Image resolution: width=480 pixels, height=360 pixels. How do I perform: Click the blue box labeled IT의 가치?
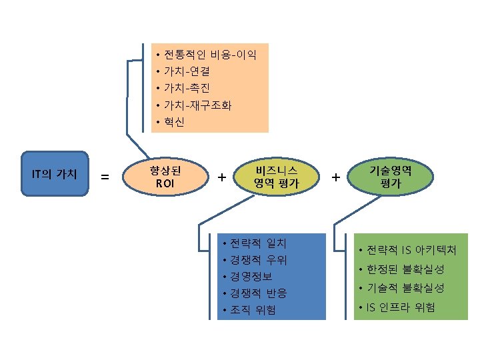55,174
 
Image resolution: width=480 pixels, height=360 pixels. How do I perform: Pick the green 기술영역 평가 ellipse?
391,176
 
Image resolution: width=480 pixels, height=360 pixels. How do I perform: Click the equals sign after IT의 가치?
105,177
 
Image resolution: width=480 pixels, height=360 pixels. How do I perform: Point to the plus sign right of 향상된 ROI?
221,177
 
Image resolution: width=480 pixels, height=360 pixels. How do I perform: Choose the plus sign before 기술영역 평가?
335,177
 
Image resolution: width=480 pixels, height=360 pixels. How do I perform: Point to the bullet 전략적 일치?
258,242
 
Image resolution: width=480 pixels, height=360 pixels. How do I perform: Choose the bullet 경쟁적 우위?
258,259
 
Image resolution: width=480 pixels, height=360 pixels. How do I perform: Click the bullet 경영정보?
252,276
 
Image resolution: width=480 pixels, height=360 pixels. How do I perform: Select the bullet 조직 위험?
253,310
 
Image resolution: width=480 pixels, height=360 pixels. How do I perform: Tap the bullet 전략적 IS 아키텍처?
411,251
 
